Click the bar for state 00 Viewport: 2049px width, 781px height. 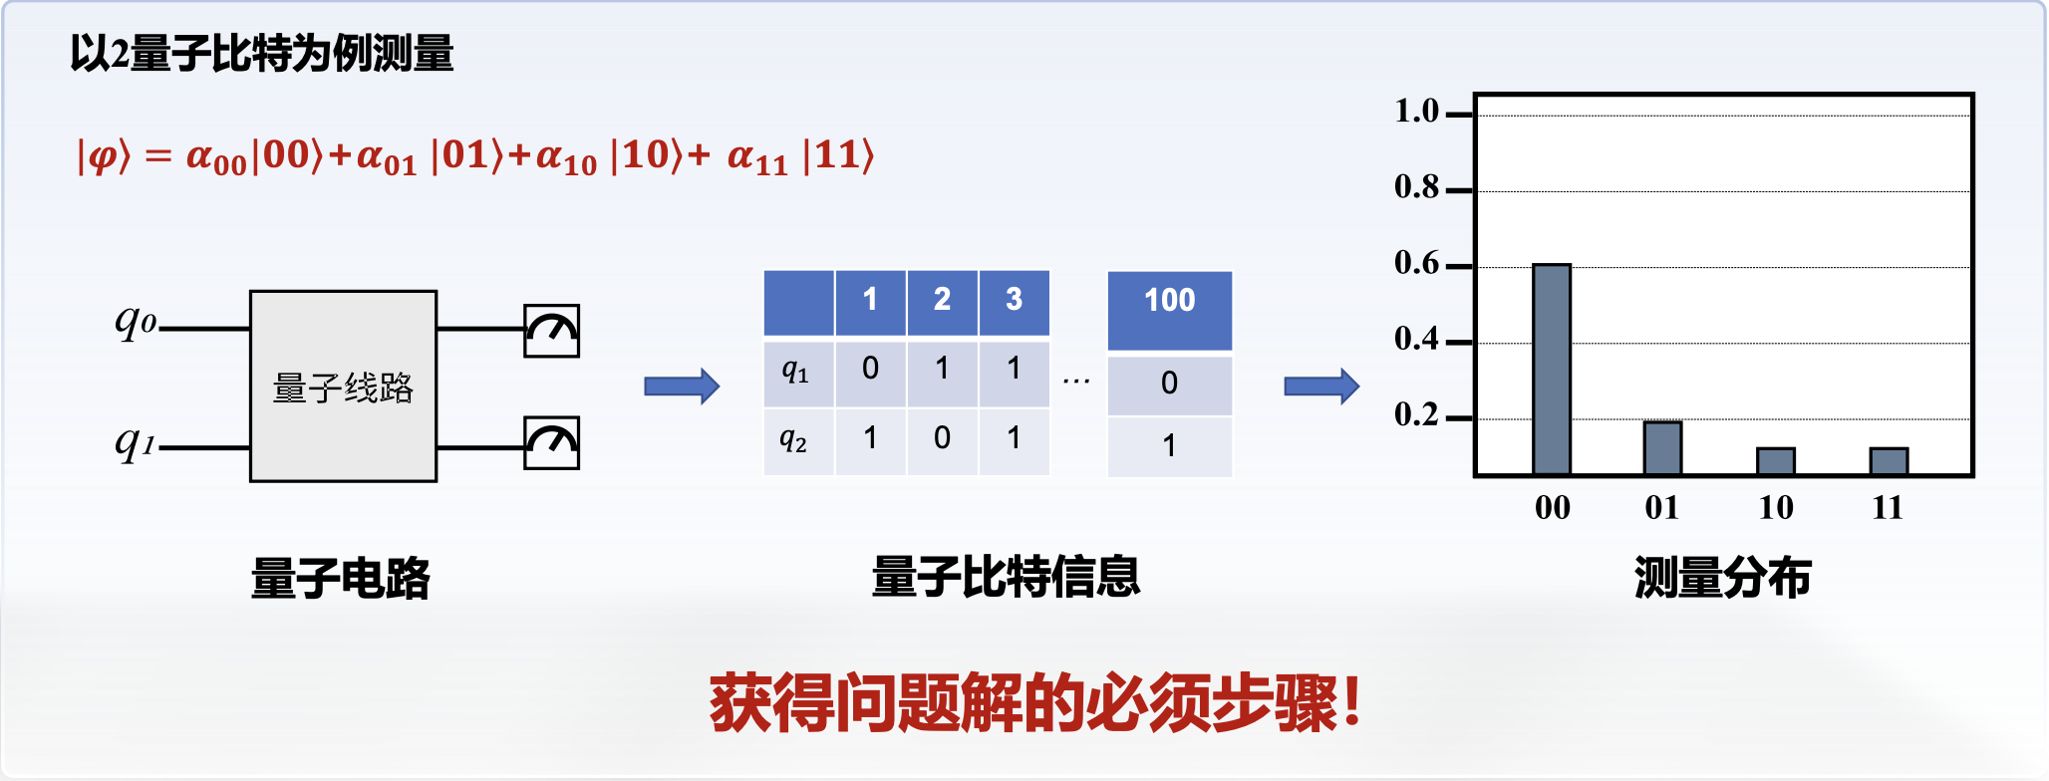pyautogui.click(x=1551, y=369)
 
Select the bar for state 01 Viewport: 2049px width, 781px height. pyautogui.click(x=1662, y=447)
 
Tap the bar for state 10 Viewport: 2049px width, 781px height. pyautogui.click(x=1775, y=461)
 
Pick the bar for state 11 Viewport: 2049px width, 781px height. pyautogui.click(x=1889, y=461)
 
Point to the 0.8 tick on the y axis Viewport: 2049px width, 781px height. pyautogui.click(x=1459, y=190)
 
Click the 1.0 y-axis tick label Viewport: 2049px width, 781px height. pyautogui.click(x=1417, y=111)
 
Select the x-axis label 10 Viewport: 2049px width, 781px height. pyautogui.click(x=1776, y=508)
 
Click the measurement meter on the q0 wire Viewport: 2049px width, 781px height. pyautogui.click(x=552, y=331)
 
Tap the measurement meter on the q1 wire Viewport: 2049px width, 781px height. pyautogui.click(x=552, y=442)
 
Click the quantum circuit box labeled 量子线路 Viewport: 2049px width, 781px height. pyautogui.click(x=343, y=386)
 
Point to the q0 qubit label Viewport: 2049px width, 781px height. pyautogui.click(x=136, y=320)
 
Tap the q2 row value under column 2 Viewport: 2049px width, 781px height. pyautogui.click(x=942, y=438)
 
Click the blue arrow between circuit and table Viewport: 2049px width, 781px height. pyautogui.click(x=682, y=386)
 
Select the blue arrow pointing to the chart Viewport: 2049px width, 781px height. pyautogui.click(x=1321, y=386)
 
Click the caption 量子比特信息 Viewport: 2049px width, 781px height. pyautogui.click(x=1006, y=577)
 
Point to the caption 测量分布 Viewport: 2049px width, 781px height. pyautogui.click(x=1722, y=578)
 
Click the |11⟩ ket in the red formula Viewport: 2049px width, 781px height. pyautogui.click(x=838, y=155)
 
